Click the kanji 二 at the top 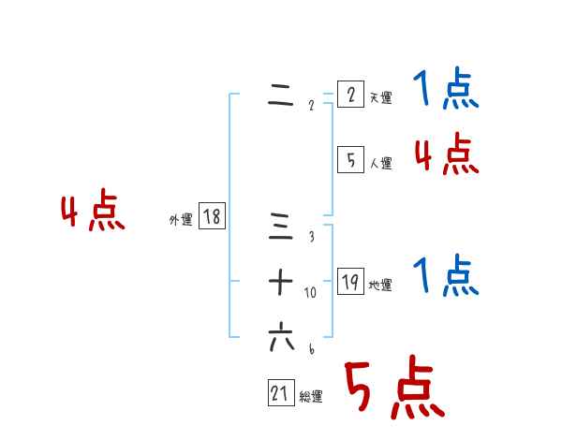click(281, 97)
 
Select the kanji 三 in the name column click(281, 227)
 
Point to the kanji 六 click(281, 337)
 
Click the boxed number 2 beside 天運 click(350, 95)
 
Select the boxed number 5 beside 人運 click(350, 160)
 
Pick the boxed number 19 click(350, 282)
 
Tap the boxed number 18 click(212, 217)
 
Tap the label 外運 click(181, 220)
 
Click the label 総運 click(311, 397)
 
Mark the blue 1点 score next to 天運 click(445, 91)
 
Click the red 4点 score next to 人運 click(446, 154)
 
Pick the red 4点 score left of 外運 click(93, 213)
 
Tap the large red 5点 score click(393, 389)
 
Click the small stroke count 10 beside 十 click(310, 293)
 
